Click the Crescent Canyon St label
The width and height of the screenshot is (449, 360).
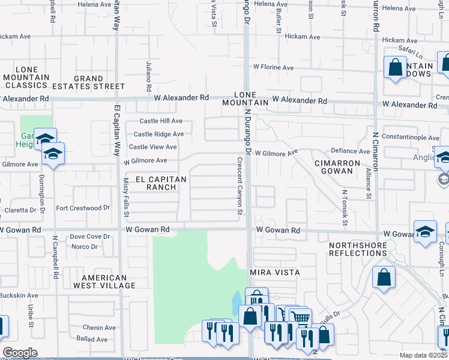240,185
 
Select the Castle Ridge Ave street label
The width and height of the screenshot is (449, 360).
158,134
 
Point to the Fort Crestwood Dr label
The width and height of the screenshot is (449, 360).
83,208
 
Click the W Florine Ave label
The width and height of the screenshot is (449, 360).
273,68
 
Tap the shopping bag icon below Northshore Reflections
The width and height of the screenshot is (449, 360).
384,277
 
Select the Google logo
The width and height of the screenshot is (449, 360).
20,353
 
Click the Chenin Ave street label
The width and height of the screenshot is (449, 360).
99,328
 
